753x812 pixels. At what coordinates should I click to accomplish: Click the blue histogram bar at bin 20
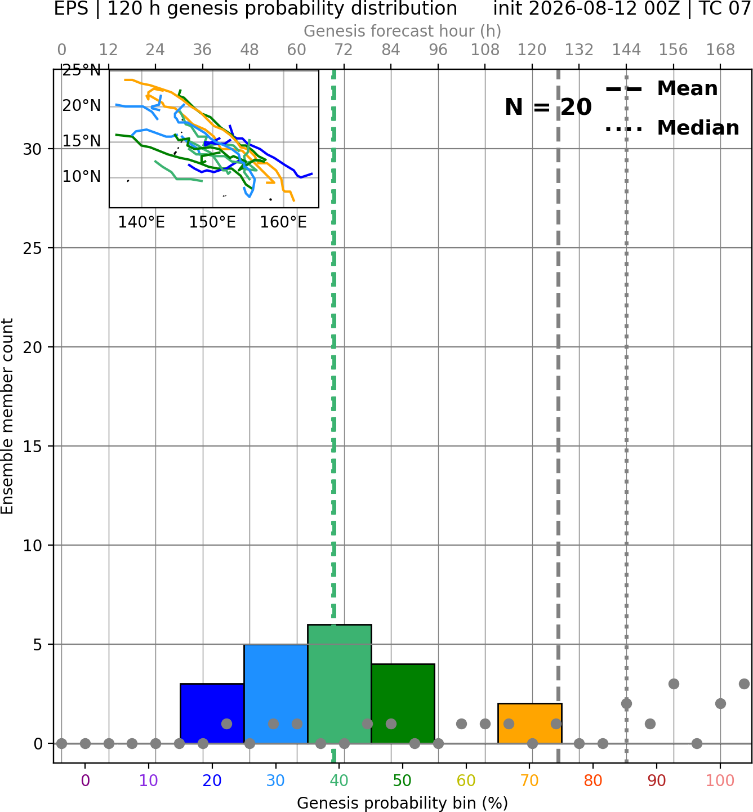212,713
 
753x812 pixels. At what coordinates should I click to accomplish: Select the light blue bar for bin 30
275,694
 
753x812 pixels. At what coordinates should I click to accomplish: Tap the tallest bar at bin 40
340,684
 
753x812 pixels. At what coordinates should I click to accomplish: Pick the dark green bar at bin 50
403,704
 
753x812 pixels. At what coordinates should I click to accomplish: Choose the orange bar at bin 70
530,723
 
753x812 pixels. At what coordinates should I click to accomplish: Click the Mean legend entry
661,89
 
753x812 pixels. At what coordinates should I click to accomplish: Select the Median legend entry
672,128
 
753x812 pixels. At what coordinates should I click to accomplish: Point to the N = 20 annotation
548,107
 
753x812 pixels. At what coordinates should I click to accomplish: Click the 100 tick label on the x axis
720,780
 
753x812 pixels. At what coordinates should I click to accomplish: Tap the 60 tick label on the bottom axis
466,780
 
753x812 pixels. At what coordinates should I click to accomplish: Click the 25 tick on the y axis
33,248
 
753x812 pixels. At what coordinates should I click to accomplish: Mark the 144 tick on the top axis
626,50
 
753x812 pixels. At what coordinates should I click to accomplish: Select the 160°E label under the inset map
283,222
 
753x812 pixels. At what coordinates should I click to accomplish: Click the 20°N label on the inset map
82,106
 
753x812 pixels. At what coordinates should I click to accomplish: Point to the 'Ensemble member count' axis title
7,416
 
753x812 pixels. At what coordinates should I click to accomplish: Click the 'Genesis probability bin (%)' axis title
403,803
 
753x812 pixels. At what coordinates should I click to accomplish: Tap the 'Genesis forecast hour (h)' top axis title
403,31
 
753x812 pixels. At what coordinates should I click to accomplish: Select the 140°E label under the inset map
141,222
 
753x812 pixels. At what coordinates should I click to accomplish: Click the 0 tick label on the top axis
62,50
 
